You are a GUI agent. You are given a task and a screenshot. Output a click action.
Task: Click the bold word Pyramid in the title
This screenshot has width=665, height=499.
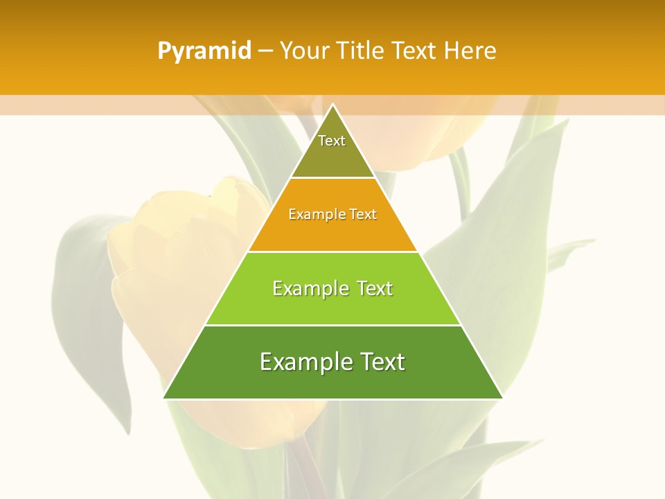[204, 51]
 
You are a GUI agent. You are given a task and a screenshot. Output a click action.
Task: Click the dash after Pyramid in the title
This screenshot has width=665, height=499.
[265, 51]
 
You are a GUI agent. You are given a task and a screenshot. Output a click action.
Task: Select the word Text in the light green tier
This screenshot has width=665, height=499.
[375, 288]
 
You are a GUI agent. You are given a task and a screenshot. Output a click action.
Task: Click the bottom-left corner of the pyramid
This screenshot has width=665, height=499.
[163, 399]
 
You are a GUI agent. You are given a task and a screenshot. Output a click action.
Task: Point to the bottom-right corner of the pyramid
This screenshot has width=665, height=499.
[503, 399]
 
